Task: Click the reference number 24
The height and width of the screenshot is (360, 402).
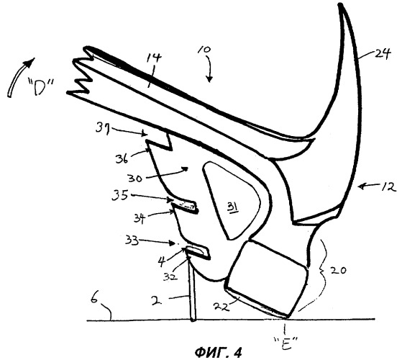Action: click(383, 54)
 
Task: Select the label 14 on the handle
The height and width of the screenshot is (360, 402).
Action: click(154, 58)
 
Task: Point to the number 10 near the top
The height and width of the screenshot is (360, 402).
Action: click(204, 50)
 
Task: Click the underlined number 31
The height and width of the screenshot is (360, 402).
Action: click(233, 207)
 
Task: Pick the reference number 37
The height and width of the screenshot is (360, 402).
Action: click(103, 127)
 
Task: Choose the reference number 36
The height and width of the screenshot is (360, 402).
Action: click(122, 158)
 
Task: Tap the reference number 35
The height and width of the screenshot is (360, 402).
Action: click(120, 196)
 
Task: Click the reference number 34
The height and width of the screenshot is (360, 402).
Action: click(140, 219)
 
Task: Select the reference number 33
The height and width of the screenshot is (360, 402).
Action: click(132, 240)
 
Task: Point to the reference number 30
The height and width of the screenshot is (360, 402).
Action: click(135, 178)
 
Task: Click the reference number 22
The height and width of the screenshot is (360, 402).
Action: click(221, 307)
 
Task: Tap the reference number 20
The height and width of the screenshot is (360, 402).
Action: click(338, 271)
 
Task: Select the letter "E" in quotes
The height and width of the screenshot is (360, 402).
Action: click(285, 343)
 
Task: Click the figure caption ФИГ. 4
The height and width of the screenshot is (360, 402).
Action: click(218, 353)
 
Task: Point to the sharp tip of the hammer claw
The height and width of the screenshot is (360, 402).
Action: click(340, 4)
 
